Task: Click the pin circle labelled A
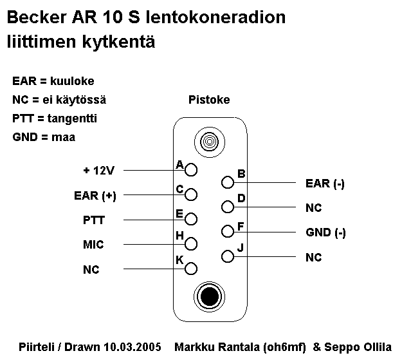[x=191, y=170]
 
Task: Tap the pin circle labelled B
[x=227, y=183]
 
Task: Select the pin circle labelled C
[x=191, y=194]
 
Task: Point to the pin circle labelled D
[x=227, y=207]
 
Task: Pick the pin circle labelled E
[x=191, y=219]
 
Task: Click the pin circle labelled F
[x=227, y=231]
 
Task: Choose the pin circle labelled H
[x=191, y=243]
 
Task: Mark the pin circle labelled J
[x=227, y=256]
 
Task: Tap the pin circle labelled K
[x=191, y=268]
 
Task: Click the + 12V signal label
[x=98, y=171]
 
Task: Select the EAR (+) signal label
[x=95, y=195]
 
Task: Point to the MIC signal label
[x=93, y=245]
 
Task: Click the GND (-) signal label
[x=325, y=232]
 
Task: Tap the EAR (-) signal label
[x=325, y=184]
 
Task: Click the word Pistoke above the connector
[x=209, y=100]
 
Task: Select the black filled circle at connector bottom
[x=208, y=296]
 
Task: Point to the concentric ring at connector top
[x=208, y=140]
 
